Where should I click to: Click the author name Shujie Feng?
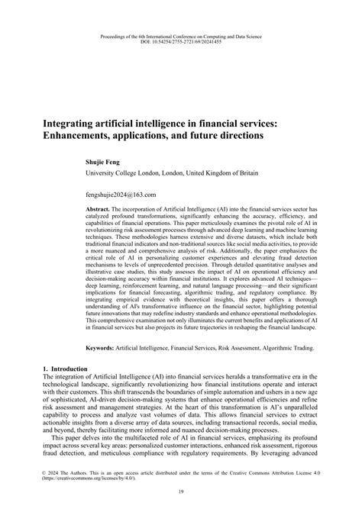107,162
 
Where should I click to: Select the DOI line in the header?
180,41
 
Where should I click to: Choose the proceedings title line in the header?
180,35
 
